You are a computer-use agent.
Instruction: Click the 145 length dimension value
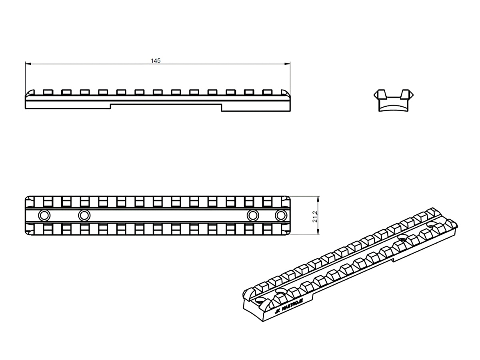click(x=156, y=61)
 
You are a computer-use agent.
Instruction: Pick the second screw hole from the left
click(x=84, y=216)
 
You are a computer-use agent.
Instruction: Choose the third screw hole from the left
click(x=252, y=216)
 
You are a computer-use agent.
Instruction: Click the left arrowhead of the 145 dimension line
click(x=27, y=64)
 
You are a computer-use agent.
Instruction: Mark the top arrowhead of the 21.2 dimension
click(x=318, y=198)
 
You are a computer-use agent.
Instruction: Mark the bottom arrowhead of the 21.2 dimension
click(x=318, y=234)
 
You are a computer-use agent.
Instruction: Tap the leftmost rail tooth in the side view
click(x=47, y=92)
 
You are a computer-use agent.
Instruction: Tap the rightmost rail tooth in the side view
click(x=267, y=92)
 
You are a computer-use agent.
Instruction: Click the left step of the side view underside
click(x=110, y=107)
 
